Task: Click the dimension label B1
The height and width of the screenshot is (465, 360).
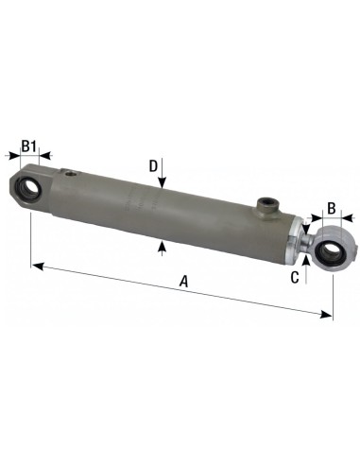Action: pyautogui.click(x=28, y=146)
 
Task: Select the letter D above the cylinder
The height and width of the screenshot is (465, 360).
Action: pyautogui.click(x=153, y=166)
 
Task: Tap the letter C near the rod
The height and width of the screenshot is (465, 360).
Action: pyautogui.click(x=295, y=277)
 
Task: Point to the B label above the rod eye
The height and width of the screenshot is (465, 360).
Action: pyautogui.click(x=331, y=209)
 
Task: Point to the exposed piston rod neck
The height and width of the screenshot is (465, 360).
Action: pyautogui.click(x=309, y=244)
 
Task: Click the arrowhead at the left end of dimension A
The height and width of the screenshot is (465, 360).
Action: pyautogui.click(x=37, y=265)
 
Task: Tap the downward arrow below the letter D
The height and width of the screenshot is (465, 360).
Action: pyautogui.click(x=163, y=187)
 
